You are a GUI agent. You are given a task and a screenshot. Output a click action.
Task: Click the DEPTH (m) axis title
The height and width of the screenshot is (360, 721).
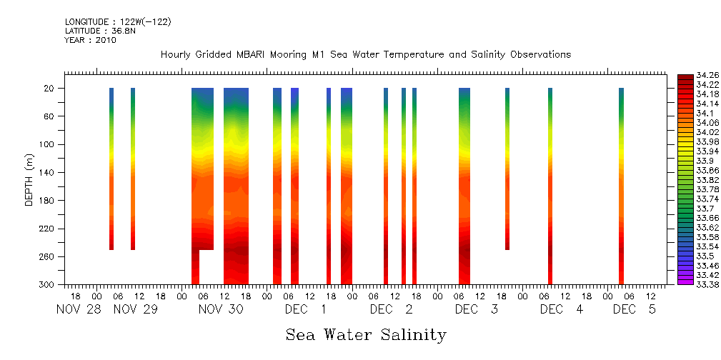pyautogui.click(x=29, y=179)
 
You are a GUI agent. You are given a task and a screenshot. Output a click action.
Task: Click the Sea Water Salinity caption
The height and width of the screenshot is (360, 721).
pyautogui.click(x=366, y=334)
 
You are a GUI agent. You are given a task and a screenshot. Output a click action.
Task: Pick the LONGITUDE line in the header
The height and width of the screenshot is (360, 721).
pyautogui.click(x=117, y=22)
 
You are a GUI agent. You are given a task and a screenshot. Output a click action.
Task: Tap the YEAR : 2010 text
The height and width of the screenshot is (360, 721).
pyautogui.click(x=90, y=40)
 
